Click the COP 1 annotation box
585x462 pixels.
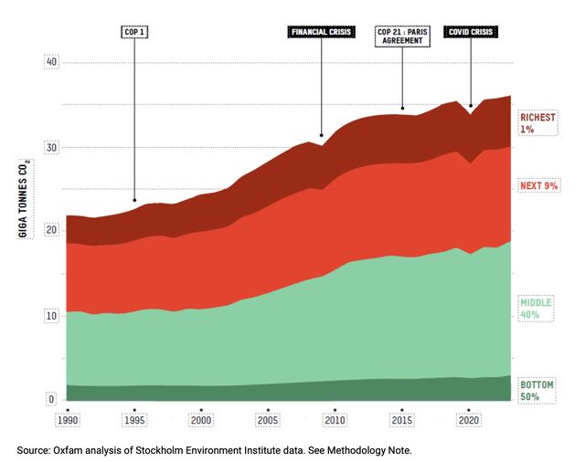[134, 32]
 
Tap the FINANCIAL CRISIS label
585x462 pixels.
[322, 32]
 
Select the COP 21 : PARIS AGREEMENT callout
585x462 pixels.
[401, 37]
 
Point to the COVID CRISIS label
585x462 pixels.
[471, 32]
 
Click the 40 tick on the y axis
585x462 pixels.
[51, 62]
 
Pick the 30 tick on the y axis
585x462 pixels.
[51, 147]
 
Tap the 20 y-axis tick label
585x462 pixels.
[51, 232]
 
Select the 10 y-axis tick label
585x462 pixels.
[51, 316]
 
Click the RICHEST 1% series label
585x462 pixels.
[537, 123]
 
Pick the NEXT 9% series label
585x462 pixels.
[539, 185]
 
